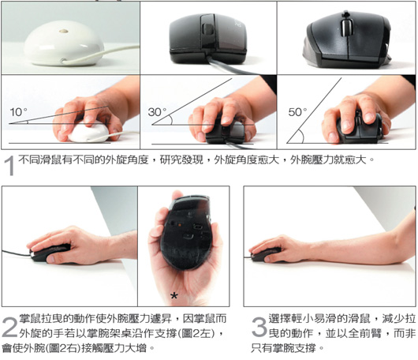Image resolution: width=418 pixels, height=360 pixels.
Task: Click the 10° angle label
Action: pyautogui.click(x=18, y=112)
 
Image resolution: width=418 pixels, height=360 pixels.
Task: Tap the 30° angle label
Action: pyautogui.click(x=157, y=112)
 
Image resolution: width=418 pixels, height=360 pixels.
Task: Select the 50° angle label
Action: pyautogui.click(x=297, y=112)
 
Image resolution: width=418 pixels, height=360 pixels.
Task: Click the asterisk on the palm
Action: pyautogui.click(x=174, y=296)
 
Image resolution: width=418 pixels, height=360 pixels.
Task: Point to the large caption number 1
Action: pyautogui.click(x=9, y=166)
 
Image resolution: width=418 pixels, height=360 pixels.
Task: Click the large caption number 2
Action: pyautogui.click(x=9, y=327)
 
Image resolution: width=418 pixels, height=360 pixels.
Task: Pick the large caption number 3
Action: pyautogui.click(x=259, y=327)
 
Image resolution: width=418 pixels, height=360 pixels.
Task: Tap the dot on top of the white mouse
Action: pyautogui.click(x=63, y=32)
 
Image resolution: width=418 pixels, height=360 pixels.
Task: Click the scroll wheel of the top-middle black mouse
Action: pyautogui.click(x=208, y=29)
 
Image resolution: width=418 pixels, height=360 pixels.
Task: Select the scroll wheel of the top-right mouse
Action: pyautogui.click(x=347, y=27)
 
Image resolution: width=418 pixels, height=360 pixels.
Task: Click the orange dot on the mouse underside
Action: pyautogui.click(x=180, y=225)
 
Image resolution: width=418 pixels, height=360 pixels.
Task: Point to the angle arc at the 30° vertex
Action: pyautogui.click(x=171, y=120)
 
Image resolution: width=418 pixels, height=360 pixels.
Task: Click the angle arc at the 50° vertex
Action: pyautogui.click(x=301, y=136)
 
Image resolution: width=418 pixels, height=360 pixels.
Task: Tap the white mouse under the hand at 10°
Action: pyautogui.click(x=88, y=132)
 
